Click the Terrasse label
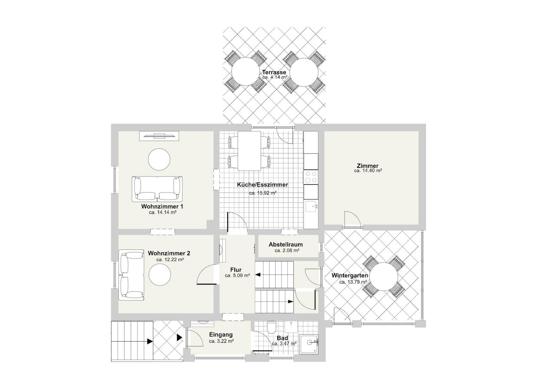pos(274,72)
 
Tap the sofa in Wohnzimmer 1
pos(157,189)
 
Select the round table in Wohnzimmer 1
pos(159,159)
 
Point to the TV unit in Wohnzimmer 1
pos(159,136)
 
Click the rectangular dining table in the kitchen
pos(249,151)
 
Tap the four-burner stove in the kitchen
pos(311,177)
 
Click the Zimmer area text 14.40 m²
pos(368,171)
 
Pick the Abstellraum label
pos(286,245)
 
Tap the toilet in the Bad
pos(272,328)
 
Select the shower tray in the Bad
pos(309,344)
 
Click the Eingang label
pos(221,335)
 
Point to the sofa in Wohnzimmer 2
pos(131,275)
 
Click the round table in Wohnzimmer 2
pos(160,275)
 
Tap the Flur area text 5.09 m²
pos(237,275)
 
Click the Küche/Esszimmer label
pos(263,185)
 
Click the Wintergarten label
pos(350,275)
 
